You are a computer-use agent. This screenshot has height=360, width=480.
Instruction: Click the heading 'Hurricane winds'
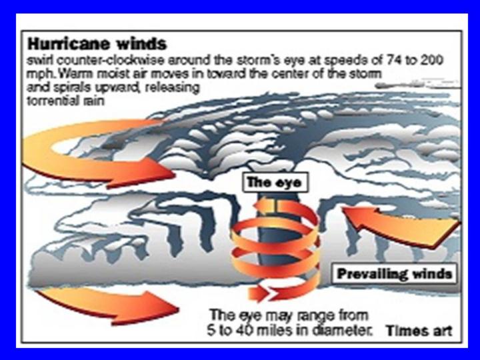pyautogui.click(x=97, y=44)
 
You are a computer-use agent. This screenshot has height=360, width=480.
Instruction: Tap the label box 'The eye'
pyautogui.click(x=275, y=183)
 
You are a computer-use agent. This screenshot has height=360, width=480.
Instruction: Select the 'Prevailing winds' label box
pyautogui.click(x=395, y=273)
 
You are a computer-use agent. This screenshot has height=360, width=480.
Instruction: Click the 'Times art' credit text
pyautogui.click(x=419, y=331)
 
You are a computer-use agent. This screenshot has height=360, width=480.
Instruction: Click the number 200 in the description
pyautogui.click(x=431, y=60)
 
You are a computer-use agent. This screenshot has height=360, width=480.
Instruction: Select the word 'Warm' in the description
pyautogui.click(x=71, y=74)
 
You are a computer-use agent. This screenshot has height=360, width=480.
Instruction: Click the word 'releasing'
pyautogui.click(x=173, y=88)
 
